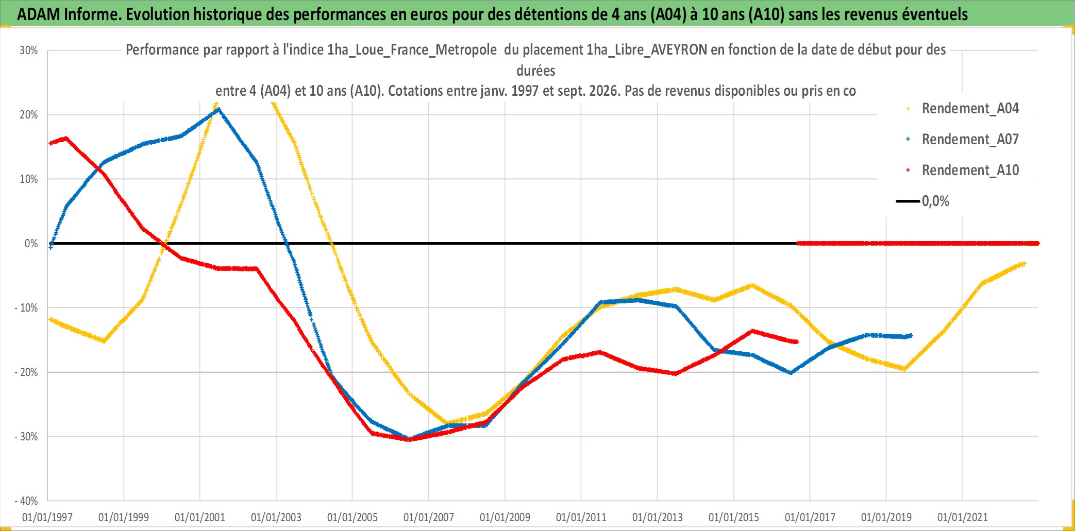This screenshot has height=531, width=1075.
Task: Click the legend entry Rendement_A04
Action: [963, 108]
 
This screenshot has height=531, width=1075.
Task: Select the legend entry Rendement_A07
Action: [963, 139]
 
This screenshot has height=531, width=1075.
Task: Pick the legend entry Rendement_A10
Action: [963, 170]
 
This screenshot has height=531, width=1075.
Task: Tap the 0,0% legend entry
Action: [923, 201]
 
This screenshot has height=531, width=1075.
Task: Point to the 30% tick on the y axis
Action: [29, 50]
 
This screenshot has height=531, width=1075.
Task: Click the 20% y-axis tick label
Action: [29, 115]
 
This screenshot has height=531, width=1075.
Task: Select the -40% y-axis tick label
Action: [26, 501]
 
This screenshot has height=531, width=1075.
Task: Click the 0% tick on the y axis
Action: [31, 243]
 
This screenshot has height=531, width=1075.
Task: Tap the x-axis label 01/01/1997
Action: [47, 517]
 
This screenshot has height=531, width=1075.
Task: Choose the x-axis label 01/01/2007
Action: [429, 517]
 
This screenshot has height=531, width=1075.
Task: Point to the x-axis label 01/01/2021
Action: [963, 517]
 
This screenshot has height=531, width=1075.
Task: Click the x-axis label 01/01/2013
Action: [658, 517]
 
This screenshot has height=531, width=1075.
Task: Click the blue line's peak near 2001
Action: [220, 109]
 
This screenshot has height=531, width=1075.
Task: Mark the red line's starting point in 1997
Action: [51, 143]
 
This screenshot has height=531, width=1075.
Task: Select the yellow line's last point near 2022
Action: [1023, 264]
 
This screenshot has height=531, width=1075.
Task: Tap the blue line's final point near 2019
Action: [911, 335]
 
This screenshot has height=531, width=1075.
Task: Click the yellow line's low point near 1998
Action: [104, 341]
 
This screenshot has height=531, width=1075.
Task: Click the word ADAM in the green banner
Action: [39, 14]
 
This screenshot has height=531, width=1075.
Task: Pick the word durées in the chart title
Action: [536, 71]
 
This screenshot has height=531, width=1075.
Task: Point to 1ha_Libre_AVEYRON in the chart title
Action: [647, 50]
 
